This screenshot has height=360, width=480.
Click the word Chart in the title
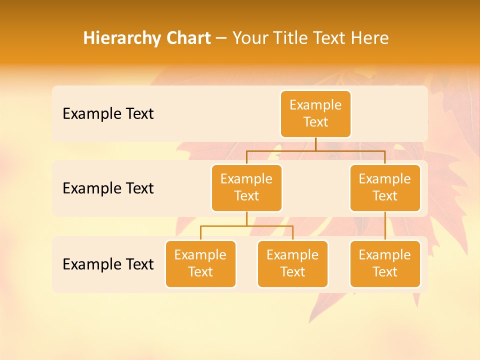pyautogui.click(x=187, y=38)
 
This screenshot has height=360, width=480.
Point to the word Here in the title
pyautogui.click(x=370, y=38)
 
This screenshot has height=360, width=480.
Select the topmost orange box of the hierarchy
pyautogui.click(x=315, y=114)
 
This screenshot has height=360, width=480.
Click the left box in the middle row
pyautogui.click(x=246, y=188)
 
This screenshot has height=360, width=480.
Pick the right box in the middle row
pyautogui.click(x=385, y=188)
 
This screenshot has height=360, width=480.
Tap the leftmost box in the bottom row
pyautogui.click(x=200, y=264)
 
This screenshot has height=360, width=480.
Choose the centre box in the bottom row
pyautogui.click(x=292, y=264)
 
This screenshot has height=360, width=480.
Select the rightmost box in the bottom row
pyautogui.click(x=385, y=264)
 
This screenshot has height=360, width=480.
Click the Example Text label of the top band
pyautogui.click(x=108, y=114)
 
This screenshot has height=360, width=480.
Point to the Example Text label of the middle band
pyautogui.click(x=108, y=188)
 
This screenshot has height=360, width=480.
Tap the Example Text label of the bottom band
pyautogui.click(x=108, y=264)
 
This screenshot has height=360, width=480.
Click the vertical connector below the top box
pyautogui.click(x=315, y=144)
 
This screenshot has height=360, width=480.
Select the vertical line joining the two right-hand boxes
pyautogui.click(x=385, y=226)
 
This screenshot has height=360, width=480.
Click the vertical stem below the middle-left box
pyautogui.click(x=246, y=218)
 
